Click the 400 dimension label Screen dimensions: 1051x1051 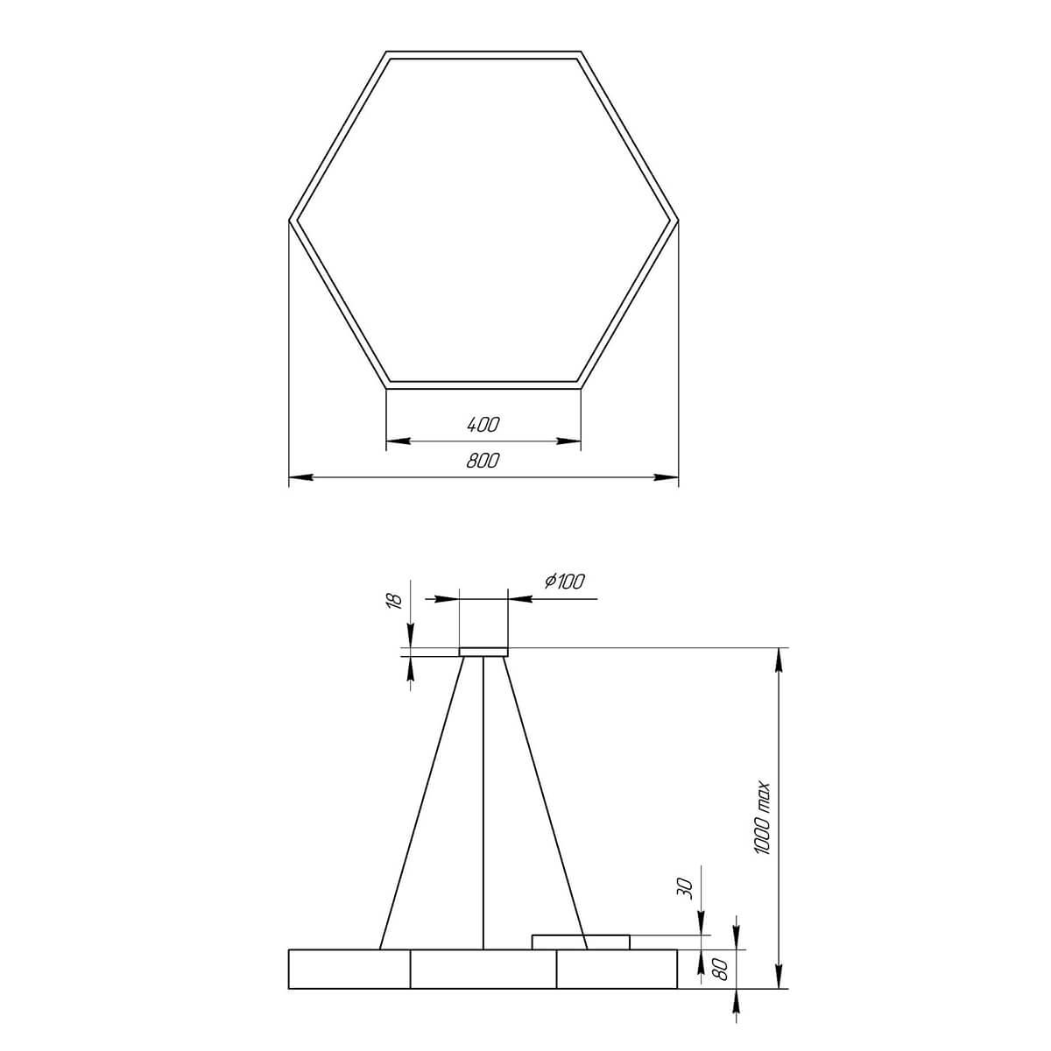point(483,425)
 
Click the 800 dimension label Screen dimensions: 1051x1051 point(483,461)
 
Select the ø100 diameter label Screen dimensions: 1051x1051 point(564,581)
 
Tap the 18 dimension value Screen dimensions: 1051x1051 point(394,601)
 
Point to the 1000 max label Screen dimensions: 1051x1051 point(761,817)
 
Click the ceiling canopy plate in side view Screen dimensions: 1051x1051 point(483,652)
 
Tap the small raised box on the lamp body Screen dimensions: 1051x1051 point(581,942)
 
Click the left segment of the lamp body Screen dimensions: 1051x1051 point(349,969)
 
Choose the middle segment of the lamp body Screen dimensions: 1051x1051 point(483,969)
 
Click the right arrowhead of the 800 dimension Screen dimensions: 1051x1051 point(671,477)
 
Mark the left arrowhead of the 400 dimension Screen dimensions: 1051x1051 point(393,441)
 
